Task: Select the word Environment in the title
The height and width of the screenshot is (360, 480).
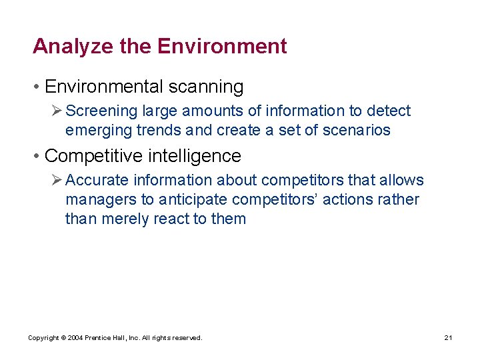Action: (x=222, y=47)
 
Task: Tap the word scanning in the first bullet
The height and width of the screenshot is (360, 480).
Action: (x=205, y=87)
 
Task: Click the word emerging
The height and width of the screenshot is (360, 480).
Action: (x=99, y=130)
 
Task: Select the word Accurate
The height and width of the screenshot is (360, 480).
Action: (x=96, y=180)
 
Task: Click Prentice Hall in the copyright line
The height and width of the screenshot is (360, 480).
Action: (x=107, y=339)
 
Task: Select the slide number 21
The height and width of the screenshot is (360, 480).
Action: (x=449, y=339)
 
